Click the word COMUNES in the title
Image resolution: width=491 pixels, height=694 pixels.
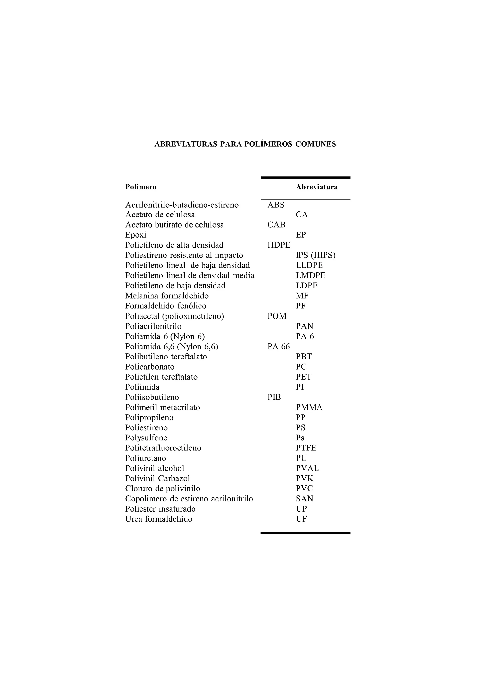(x=315, y=144)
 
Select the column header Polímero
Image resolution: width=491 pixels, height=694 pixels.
(x=141, y=187)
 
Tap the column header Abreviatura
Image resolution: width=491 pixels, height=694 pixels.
(x=316, y=187)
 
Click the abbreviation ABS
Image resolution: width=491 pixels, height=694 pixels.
(x=276, y=205)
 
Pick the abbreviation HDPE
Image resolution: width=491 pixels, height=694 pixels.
(x=279, y=245)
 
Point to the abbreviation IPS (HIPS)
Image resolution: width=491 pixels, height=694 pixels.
(x=316, y=256)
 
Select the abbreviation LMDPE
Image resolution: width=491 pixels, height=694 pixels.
(x=310, y=276)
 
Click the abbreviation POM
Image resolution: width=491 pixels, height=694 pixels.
(x=277, y=316)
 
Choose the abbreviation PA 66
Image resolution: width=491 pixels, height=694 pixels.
(x=278, y=347)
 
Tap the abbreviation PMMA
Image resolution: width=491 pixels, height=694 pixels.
(x=309, y=407)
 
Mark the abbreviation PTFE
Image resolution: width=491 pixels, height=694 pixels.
(x=306, y=448)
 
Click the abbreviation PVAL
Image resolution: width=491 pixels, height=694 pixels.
(x=307, y=468)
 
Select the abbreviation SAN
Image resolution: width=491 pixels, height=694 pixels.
(x=304, y=499)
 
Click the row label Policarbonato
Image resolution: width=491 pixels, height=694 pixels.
(x=150, y=367)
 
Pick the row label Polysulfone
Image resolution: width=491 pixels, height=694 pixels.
(x=146, y=438)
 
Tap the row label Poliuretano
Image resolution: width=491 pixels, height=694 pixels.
(x=146, y=458)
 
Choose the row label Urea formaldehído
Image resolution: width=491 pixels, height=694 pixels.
(x=158, y=519)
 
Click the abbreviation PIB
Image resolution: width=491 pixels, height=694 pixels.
(x=274, y=398)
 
